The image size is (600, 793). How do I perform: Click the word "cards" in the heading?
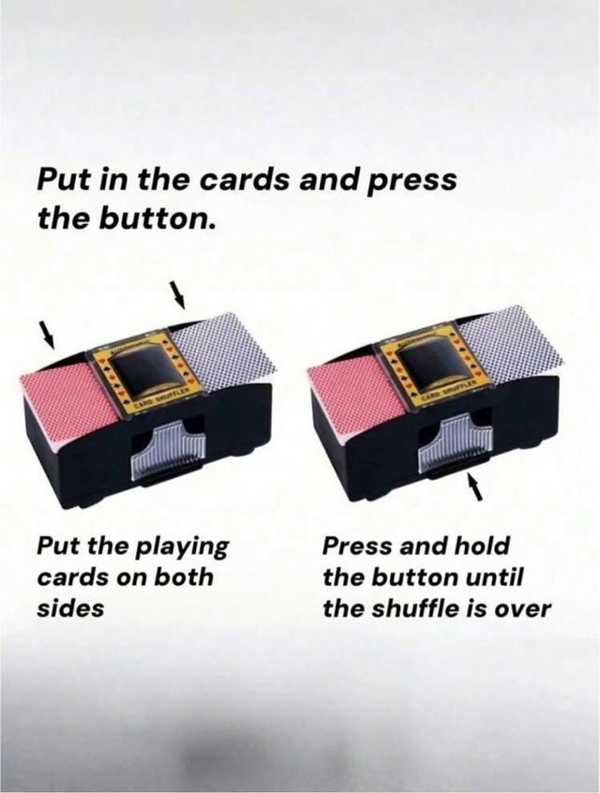coord(244,180)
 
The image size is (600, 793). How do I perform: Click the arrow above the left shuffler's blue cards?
coord(178,294)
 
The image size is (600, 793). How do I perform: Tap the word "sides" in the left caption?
coord(70,606)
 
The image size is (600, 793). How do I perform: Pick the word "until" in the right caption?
coord(498,576)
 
